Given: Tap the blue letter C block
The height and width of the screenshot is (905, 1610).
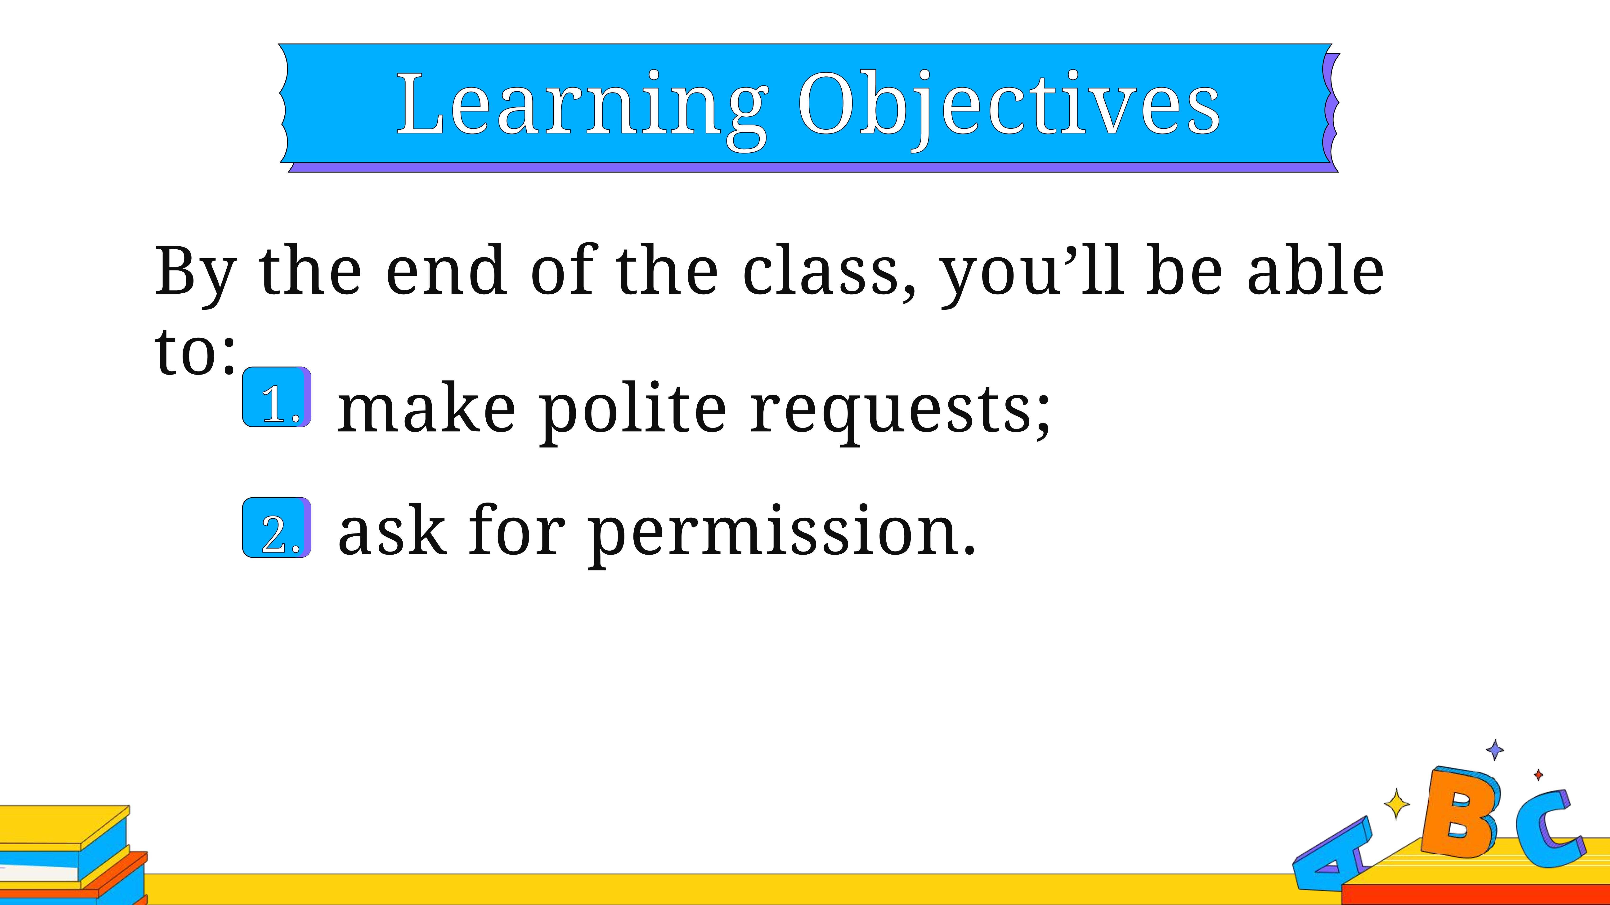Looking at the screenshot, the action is (x=1549, y=831).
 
